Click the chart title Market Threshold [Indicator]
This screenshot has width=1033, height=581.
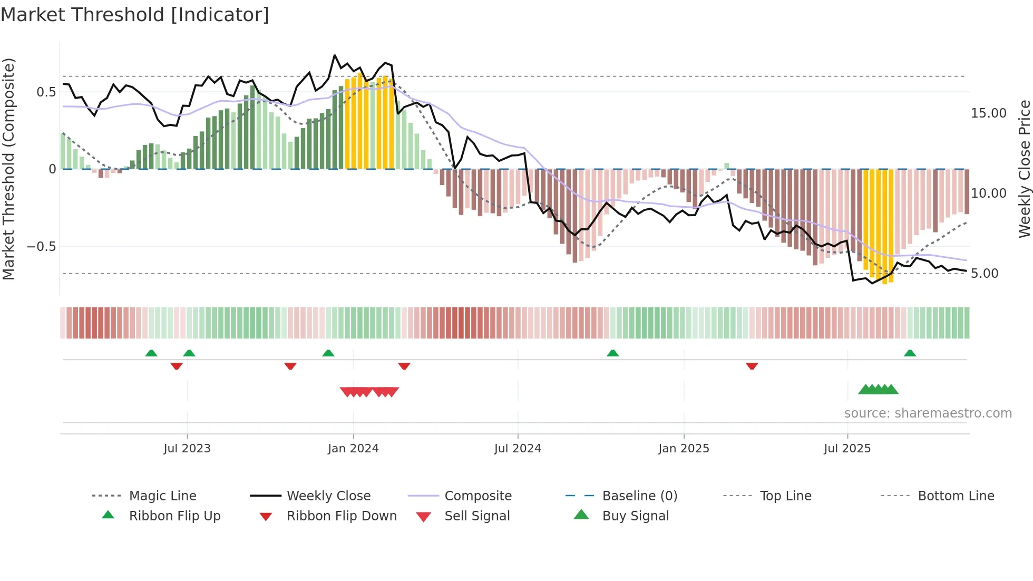pos(135,15)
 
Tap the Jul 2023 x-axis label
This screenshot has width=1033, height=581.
pos(187,449)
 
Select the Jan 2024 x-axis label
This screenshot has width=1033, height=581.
pos(353,449)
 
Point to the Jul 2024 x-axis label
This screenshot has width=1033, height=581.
pos(518,449)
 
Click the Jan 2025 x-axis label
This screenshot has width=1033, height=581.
pos(684,449)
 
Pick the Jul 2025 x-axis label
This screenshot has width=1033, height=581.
pos(847,449)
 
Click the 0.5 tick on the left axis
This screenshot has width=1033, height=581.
pos(46,92)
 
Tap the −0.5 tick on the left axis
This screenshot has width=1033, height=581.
pos(41,247)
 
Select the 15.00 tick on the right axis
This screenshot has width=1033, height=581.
pos(989,113)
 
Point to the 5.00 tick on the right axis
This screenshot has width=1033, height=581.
pos(985,274)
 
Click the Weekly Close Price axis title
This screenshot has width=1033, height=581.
pos(1024,169)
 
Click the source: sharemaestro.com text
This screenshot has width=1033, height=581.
pos(928,413)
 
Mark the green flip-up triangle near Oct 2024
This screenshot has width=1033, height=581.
pos(612,353)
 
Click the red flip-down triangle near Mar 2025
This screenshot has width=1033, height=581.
pos(752,366)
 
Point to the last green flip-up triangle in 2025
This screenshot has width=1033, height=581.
pos(910,353)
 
